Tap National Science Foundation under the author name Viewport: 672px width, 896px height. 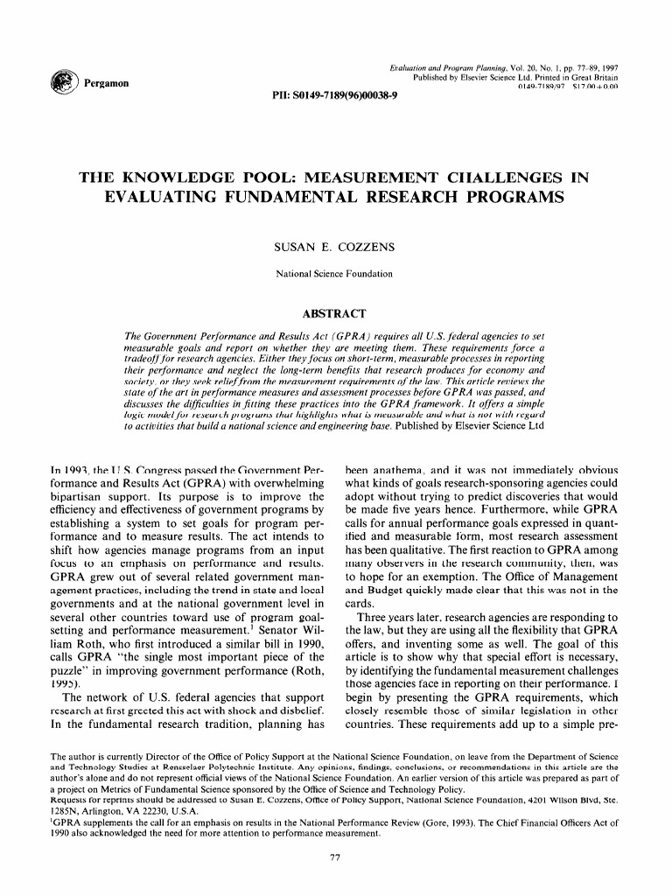[335, 275]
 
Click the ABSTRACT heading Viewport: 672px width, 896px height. [335, 312]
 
